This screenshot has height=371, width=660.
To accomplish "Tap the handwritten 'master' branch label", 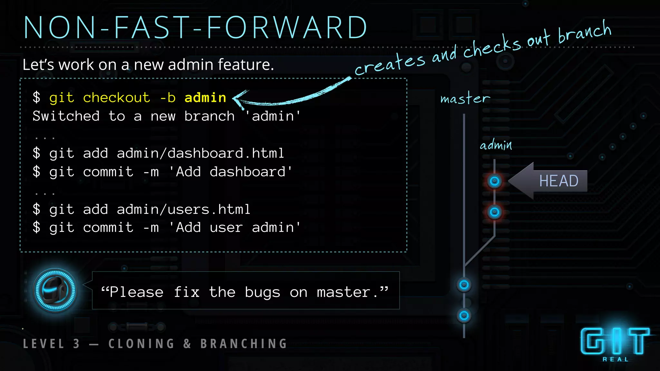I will click(x=465, y=98).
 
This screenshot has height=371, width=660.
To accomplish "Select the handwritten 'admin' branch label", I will click(x=496, y=145).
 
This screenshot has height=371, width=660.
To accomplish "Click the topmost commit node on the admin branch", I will click(x=495, y=181).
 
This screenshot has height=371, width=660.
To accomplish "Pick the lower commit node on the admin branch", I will click(x=495, y=212).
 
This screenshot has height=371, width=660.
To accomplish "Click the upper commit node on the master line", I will click(x=464, y=285).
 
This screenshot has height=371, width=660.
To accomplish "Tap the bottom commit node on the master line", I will click(x=464, y=315).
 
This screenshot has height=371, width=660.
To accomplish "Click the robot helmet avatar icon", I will click(x=55, y=290).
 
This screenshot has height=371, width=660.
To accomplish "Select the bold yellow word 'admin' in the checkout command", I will click(x=205, y=98).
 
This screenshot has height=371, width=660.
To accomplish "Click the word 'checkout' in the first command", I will click(x=116, y=98).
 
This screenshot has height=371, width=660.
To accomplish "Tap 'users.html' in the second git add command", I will click(x=209, y=209).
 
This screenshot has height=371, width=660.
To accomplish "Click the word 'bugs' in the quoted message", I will click(x=262, y=292).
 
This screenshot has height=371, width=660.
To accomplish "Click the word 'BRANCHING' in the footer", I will click(x=244, y=344).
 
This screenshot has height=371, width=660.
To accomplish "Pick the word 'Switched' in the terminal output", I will click(x=66, y=116).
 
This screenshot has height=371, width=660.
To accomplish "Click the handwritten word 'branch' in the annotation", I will click(x=584, y=32).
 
